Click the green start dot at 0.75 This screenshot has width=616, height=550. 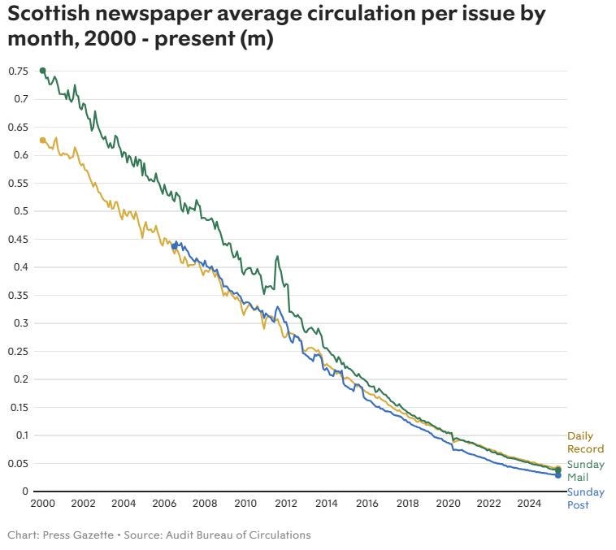[x=42, y=71]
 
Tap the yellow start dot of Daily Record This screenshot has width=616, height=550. [x=42, y=141]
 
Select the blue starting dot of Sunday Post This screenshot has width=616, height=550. [x=174, y=245]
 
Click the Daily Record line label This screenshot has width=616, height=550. [x=585, y=443]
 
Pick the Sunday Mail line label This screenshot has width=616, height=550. [x=585, y=471]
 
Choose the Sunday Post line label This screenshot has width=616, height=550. [x=585, y=499]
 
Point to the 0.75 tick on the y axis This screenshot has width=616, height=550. [x=18, y=71]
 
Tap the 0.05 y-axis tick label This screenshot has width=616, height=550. [x=18, y=463]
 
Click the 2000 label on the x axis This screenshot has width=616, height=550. [x=42, y=504]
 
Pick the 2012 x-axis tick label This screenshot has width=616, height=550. [x=286, y=504]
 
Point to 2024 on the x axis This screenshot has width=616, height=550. [x=529, y=504]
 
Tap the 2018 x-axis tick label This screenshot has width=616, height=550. [x=408, y=504]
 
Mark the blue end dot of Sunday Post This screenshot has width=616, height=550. [x=558, y=475]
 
